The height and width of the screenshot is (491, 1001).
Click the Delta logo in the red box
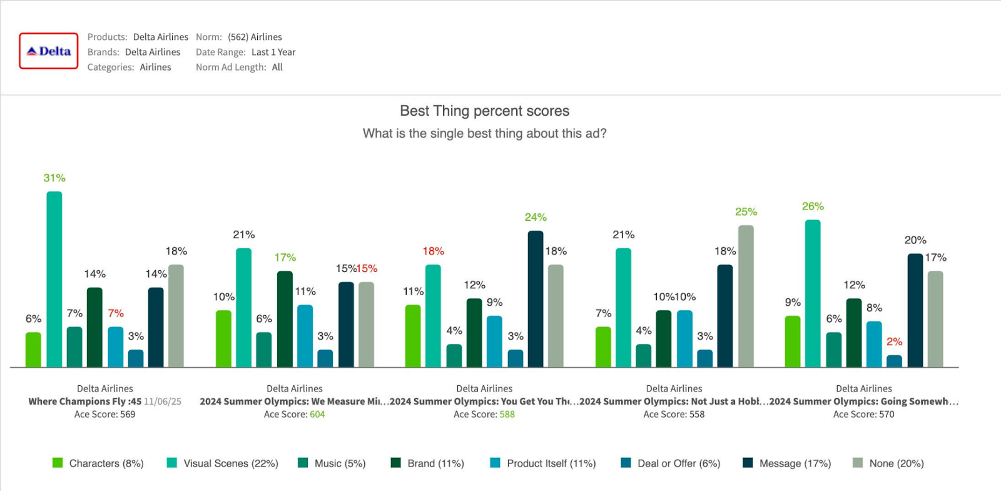coord(49,51)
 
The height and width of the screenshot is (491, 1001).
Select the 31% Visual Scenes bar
coord(54,279)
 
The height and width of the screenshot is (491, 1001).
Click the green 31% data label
coord(54,178)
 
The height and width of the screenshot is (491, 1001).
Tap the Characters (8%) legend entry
coord(99,463)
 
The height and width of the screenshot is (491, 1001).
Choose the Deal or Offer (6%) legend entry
coord(671,463)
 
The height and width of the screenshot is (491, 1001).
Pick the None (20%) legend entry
coord(888,463)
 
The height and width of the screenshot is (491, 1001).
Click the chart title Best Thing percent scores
coord(484,111)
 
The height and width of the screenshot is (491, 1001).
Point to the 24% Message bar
coord(536,299)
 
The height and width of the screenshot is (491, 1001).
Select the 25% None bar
coord(746,296)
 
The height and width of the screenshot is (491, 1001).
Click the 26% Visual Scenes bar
coord(813,293)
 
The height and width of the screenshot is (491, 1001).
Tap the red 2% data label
coord(894,342)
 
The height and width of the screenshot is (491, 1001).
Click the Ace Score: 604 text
coord(294,414)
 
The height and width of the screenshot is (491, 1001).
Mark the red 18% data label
coord(433,251)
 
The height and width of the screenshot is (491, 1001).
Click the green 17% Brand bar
coord(285,319)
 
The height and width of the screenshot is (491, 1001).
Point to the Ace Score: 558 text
coord(674,414)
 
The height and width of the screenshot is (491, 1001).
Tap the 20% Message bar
coord(915,310)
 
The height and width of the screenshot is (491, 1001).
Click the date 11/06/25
coord(163,402)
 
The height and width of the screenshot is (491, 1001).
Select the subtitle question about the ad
coord(484,134)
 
